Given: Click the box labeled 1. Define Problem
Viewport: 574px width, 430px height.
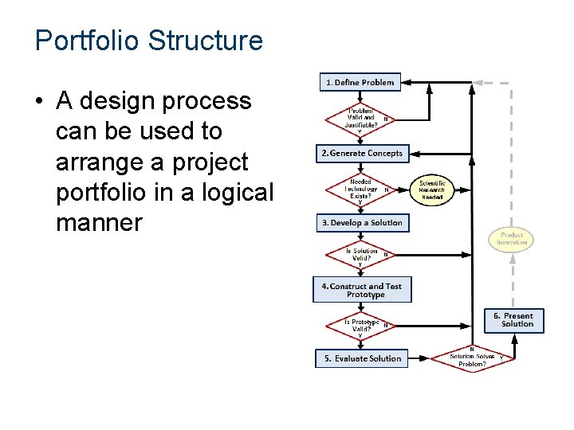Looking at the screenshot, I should [358, 82].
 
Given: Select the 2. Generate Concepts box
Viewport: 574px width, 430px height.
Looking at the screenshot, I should [361, 153].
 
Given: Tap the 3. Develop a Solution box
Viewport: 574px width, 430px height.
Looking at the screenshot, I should [362, 223].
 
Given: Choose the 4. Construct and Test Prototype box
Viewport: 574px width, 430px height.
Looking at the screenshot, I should [362, 291].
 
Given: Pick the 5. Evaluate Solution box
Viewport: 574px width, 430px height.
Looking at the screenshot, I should [362, 358].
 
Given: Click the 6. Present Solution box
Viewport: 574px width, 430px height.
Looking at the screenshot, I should [514, 320].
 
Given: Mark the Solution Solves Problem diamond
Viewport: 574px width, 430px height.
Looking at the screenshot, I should [472, 359].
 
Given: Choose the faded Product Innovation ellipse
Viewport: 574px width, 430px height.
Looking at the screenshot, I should [511, 238].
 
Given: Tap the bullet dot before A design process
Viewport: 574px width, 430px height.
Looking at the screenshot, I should [39, 103].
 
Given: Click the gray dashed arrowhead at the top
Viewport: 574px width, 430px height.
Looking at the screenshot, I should [479, 82].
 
